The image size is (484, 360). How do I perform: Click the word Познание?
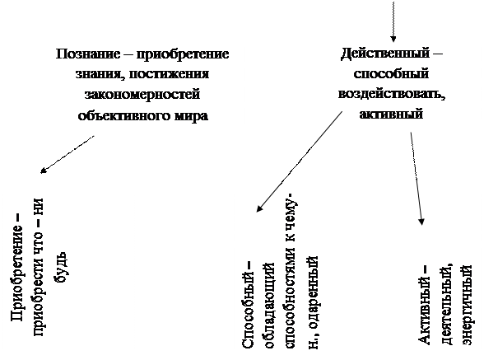88,54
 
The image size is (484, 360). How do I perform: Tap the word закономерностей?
142,94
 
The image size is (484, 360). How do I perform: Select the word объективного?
123,116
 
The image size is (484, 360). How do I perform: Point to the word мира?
191,116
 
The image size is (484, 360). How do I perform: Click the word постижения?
169,74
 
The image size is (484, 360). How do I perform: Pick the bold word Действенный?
385,54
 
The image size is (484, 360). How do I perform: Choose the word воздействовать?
392,94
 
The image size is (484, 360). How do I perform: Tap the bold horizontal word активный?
391,114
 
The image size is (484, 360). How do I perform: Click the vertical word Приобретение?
17,274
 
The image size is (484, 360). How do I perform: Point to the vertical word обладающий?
268,306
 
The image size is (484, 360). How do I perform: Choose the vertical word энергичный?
467,304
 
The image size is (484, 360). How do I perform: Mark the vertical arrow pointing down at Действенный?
393,21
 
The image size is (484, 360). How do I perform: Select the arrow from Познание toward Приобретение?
67,154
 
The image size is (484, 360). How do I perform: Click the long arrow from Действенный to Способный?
300,161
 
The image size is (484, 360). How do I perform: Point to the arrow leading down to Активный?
417,179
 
